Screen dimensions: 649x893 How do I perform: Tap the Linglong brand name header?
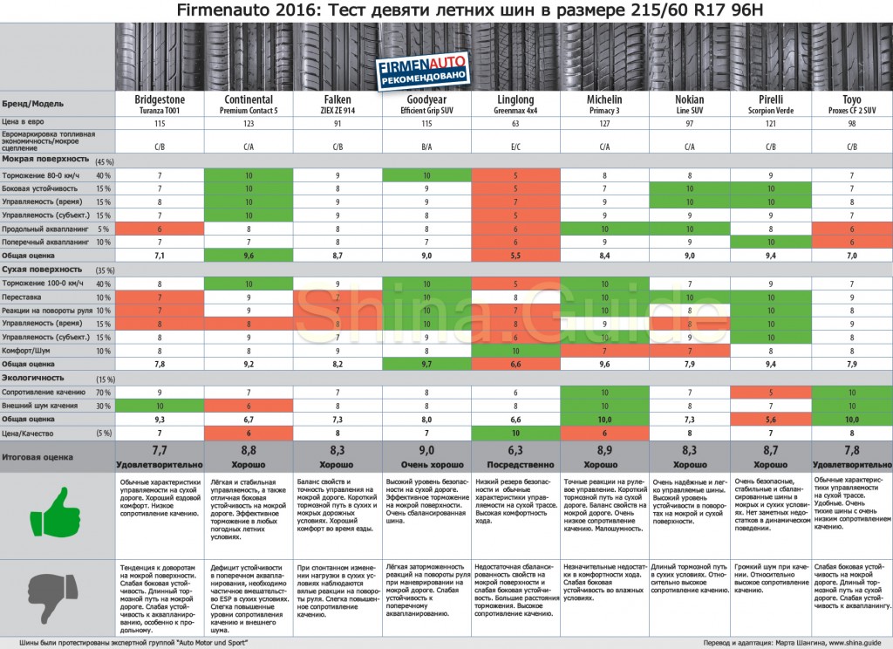(515, 99)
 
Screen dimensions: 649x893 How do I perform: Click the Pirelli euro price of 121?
(770, 123)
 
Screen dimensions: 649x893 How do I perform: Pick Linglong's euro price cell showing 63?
(515, 123)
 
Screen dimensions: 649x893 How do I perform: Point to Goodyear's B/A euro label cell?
(426, 147)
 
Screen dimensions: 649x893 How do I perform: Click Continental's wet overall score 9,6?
(249, 256)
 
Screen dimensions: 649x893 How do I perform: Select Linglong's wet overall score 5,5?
(515, 256)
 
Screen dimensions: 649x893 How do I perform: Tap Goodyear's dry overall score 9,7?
(426, 364)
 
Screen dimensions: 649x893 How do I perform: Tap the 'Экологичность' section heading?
(34, 379)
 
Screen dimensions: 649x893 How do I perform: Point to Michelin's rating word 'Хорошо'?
(604, 465)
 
